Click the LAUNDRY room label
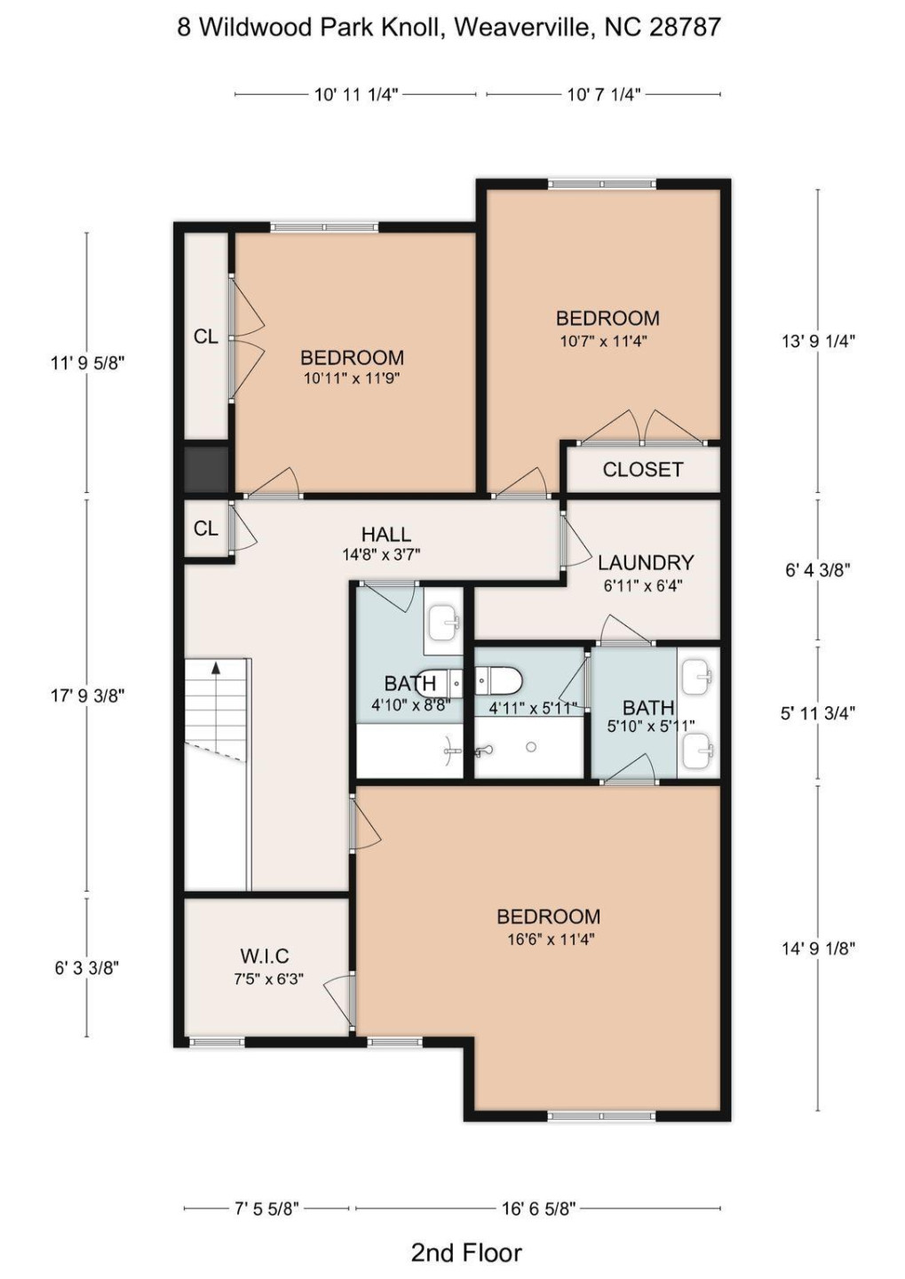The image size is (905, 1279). click(645, 563)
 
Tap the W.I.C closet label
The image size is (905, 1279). click(265, 957)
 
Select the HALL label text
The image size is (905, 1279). click(385, 535)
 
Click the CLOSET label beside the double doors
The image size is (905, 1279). click(642, 470)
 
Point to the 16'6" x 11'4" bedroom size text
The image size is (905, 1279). click(550, 939)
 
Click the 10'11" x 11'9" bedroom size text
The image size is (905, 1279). click(352, 378)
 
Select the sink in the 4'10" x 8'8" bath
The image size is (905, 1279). click(442, 622)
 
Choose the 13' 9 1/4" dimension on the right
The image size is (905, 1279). click(817, 341)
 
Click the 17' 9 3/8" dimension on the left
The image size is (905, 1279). click(87, 695)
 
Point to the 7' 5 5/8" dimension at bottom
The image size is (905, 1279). click(266, 1208)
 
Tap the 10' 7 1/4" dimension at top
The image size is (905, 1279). click(603, 94)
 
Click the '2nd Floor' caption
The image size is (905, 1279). click(465, 1252)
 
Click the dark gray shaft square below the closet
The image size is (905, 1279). click(206, 469)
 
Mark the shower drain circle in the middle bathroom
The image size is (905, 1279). click(531, 747)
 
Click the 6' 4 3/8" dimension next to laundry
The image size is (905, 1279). click(817, 570)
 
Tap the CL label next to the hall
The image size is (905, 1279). click(205, 528)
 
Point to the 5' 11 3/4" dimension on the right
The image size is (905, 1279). click(817, 713)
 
